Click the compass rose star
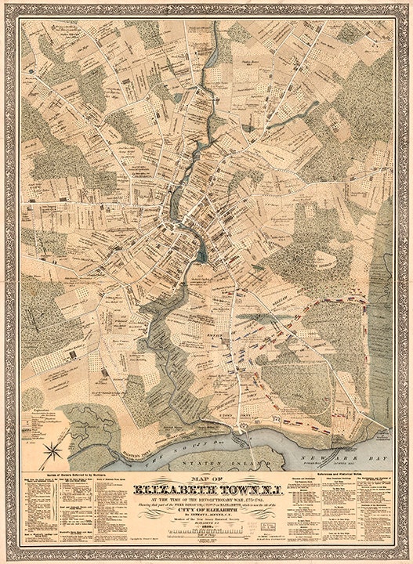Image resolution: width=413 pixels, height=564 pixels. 53,449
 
